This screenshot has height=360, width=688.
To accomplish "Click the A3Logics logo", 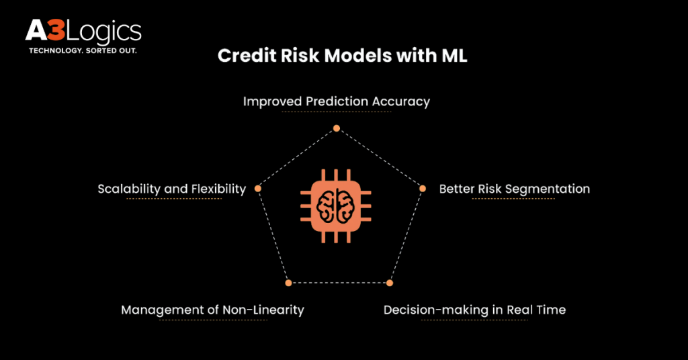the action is [x=83, y=36].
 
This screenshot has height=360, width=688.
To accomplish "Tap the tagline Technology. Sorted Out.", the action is [x=83, y=51].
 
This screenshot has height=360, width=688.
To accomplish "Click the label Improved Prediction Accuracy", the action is [x=337, y=101].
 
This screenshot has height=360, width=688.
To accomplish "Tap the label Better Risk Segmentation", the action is [x=515, y=189].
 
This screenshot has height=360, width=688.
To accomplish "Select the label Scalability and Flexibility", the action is [x=172, y=189].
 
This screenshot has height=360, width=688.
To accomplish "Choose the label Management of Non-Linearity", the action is [x=213, y=310].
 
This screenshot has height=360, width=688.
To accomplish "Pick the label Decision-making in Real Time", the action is [x=475, y=310].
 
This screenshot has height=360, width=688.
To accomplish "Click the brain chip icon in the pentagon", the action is [x=336, y=206].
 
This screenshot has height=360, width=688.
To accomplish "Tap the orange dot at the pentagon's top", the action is [x=337, y=128].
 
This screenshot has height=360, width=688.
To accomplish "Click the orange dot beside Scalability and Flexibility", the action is [x=258, y=189].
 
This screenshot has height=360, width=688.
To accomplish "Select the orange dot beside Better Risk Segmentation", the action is [x=423, y=189].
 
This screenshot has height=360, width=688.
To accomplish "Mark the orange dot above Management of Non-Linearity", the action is [x=288, y=283].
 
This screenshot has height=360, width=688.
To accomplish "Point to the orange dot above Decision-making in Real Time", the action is [x=390, y=283].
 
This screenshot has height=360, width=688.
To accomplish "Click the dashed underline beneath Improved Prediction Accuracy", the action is [x=337, y=111].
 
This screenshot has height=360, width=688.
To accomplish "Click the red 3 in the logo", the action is [x=56, y=31].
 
